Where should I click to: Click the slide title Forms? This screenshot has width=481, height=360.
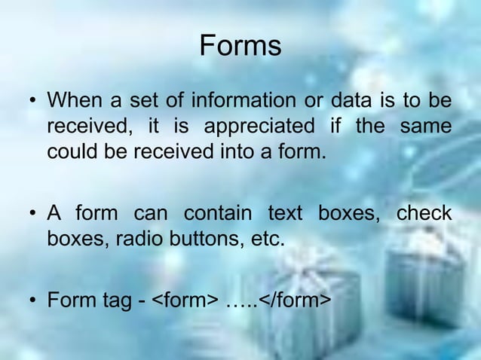[x=240, y=47]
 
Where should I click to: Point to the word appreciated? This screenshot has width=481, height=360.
[x=253, y=126]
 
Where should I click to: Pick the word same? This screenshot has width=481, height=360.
[x=426, y=126]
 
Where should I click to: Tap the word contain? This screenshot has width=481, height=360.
[x=218, y=214]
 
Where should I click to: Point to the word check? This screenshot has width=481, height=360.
[x=424, y=214]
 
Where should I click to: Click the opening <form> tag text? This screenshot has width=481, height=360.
[x=185, y=302]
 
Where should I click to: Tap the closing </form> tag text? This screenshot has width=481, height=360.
[x=294, y=302]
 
